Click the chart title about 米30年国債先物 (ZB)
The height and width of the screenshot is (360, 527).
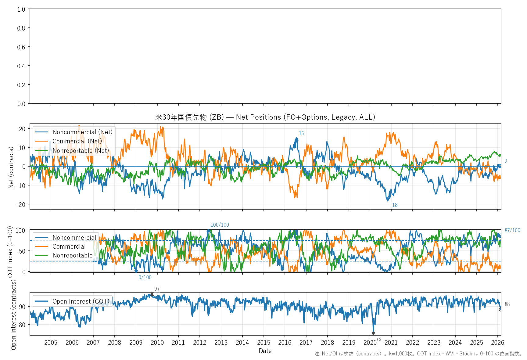(x=265, y=117)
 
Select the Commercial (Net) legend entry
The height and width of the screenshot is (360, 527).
(x=77, y=141)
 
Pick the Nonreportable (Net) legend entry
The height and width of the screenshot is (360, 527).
(x=80, y=151)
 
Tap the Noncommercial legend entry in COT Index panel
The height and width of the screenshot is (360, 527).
(x=74, y=238)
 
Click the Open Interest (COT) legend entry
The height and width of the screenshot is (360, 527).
(x=81, y=301)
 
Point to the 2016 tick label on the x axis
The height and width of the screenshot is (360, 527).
(x=285, y=343)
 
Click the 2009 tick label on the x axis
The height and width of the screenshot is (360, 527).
(x=136, y=343)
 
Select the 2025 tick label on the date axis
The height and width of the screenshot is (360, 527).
(x=476, y=343)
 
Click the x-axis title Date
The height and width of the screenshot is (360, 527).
(x=265, y=351)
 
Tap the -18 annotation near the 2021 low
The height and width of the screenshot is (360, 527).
(x=394, y=205)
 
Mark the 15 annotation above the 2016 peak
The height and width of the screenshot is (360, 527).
(x=301, y=133)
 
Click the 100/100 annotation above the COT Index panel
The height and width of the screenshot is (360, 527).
(x=220, y=225)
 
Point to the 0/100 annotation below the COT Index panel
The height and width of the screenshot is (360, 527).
(x=145, y=277)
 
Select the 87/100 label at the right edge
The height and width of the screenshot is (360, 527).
(x=512, y=230)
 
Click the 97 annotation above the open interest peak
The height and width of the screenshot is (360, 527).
(x=157, y=289)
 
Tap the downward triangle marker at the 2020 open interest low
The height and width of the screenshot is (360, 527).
(x=373, y=333)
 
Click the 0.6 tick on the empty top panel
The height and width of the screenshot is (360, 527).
(x=21, y=47)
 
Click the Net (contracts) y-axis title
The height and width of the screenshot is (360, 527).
(x=11, y=167)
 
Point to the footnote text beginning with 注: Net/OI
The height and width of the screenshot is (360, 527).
(x=418, y=354)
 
